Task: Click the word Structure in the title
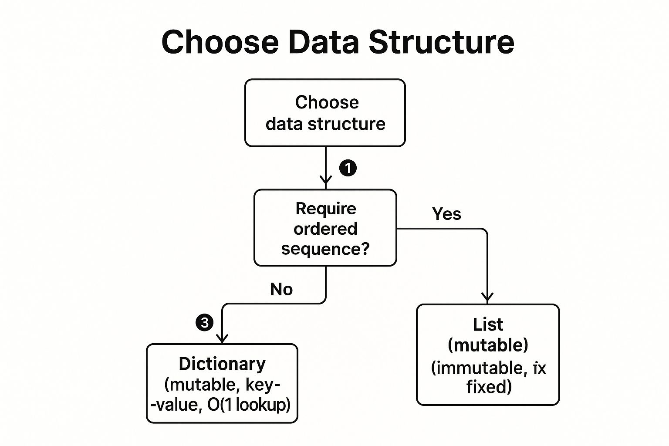tap(441, 42)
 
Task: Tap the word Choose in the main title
tap(220, 42)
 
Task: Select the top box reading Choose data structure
tap(325, 113)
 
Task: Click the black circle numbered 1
tap(348, 168)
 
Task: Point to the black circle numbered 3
tap(205, 323)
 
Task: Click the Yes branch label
tap(446, 214)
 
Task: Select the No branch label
tap(281, 289)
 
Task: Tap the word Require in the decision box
tap(326, 208)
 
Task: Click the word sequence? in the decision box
tap(325, 249)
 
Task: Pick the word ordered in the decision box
tap(325, 229)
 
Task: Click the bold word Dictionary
tap(222, 364)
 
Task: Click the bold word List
tap(488, 324)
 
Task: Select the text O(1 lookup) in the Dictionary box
tap(249, 405)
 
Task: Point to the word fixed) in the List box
tap(489, 387)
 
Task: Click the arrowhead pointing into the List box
tap(487, 298)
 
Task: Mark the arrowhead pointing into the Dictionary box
tap(222, 338)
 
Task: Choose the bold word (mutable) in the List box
tap(488, 345)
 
